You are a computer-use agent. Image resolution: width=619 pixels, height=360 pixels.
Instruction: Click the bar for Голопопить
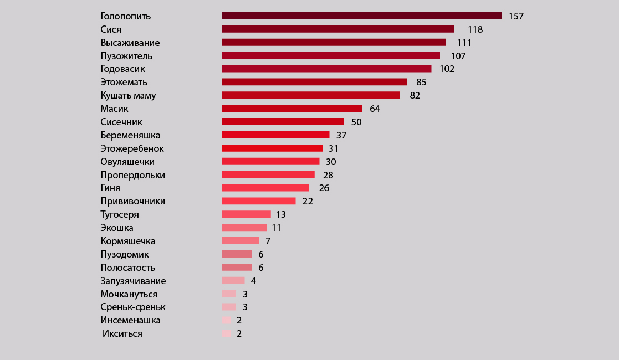[361, 16]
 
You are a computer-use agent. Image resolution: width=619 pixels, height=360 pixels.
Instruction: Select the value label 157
[516, 16]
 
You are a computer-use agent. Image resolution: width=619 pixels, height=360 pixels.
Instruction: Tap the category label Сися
[111, 29]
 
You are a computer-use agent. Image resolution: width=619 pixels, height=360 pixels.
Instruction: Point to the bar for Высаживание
[334, 42]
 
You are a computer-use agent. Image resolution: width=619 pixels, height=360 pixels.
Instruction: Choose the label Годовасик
[123, 69]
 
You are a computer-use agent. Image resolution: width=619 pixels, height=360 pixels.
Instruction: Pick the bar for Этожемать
[314, 82]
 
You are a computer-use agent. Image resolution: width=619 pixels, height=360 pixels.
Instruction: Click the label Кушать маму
[129, 95]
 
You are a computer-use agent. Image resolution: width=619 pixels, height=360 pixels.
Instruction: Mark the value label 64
[375, 109]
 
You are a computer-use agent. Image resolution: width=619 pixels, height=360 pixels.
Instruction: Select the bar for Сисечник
[283, 122]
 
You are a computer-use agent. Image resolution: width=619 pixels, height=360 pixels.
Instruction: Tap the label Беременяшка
[131, 135]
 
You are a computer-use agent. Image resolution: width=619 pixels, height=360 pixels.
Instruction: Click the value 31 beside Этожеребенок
[333, 148]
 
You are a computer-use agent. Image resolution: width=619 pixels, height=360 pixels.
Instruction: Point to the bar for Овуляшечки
[270, 161]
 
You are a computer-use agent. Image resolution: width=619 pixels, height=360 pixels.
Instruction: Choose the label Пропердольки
[133, 175]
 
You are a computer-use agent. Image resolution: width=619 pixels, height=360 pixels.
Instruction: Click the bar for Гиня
[265, 188]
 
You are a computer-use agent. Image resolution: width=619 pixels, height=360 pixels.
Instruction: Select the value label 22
[308, 201]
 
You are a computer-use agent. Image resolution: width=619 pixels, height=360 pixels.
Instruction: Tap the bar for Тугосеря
[246, 214]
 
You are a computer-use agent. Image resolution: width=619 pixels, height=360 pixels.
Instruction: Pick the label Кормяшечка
[128, 241]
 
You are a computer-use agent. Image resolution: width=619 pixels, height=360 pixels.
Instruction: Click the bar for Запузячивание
[233, 281]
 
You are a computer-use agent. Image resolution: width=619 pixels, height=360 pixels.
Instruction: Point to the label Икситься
[122, 333]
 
